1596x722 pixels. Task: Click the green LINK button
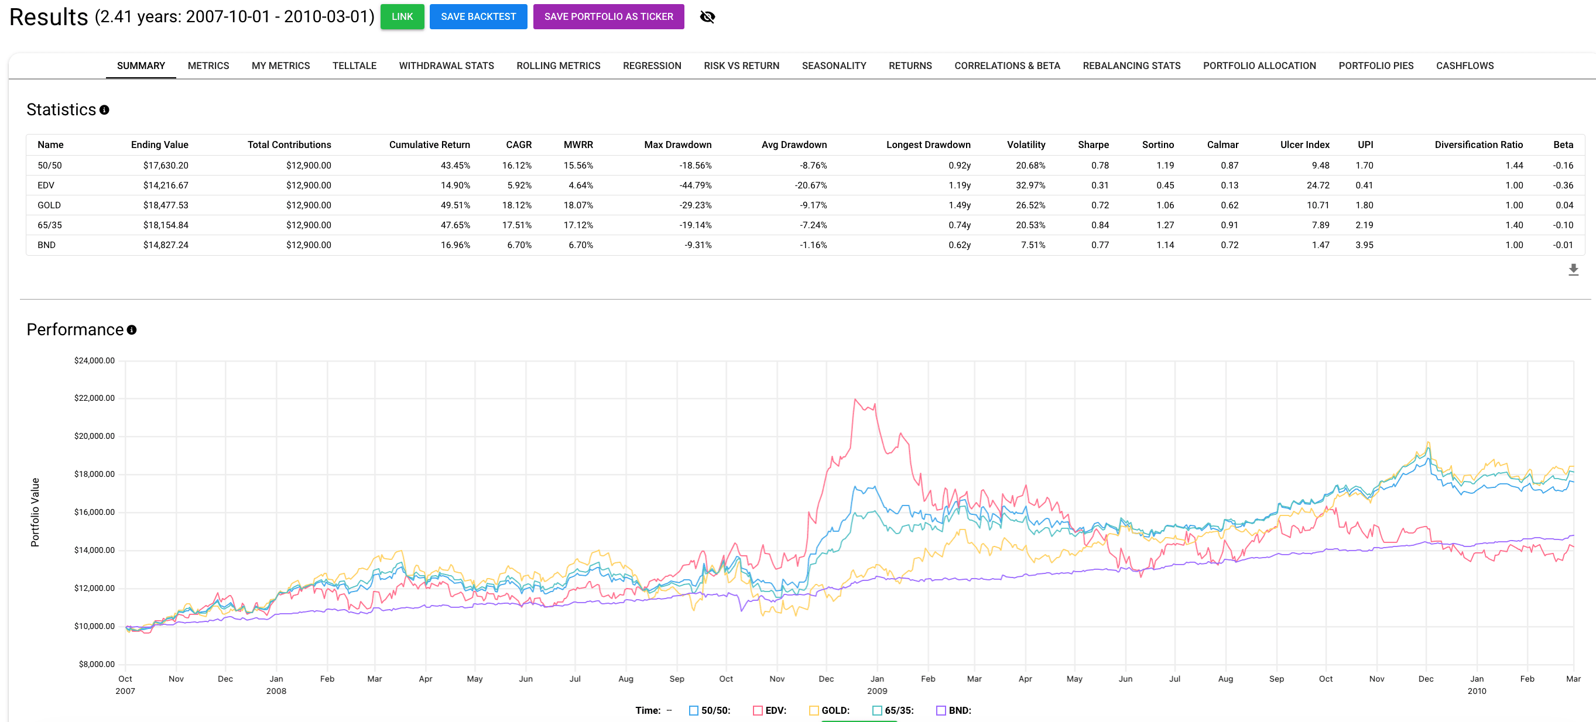(x=402, y=17)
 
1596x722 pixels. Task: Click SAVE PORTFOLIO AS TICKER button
(x=608, y=17)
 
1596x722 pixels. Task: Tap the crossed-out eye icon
(x=707, y=17)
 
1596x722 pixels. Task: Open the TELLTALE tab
(x=354, y=66)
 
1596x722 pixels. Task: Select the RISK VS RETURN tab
(x=741, y=66)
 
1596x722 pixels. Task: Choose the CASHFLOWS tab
(x=1464, y=66)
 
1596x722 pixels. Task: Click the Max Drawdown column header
(x=677, y=145)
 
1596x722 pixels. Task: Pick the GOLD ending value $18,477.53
(x=166, y=205)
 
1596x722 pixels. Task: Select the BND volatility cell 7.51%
(x=1032, y=245)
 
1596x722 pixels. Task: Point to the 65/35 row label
(x=50, y=225)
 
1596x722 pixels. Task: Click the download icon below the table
(x=1573, y=269)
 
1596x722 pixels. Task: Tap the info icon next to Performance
(x=131, y=330)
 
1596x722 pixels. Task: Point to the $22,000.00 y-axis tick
(x=94, y=398)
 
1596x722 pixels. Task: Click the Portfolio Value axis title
(x=35, y=512)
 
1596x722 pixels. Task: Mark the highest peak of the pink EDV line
(x=855, y=400)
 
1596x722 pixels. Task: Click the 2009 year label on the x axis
(x=876, y=691)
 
